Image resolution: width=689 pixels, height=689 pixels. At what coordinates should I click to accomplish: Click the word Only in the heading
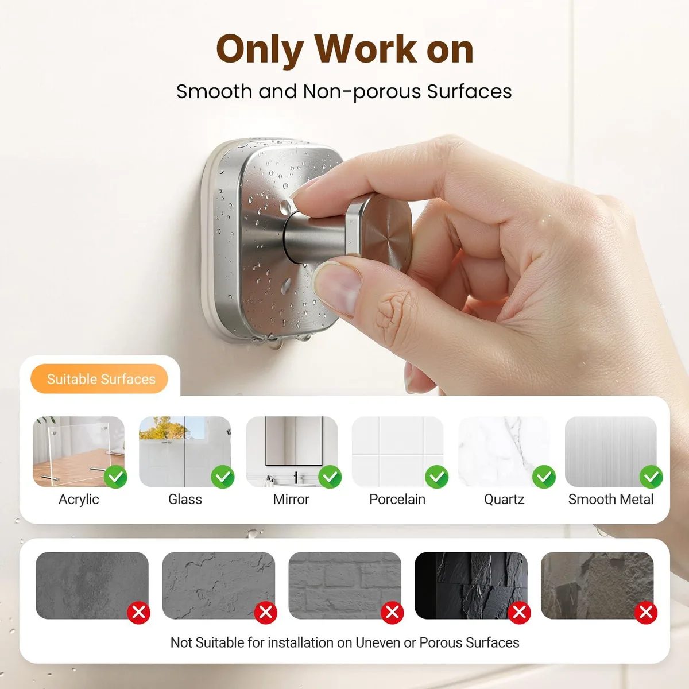[x=260, y=50]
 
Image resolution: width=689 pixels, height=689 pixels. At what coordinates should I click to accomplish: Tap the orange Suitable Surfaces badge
[x=99, y=378]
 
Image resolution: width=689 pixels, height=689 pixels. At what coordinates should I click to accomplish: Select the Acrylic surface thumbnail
[x=79, y=451]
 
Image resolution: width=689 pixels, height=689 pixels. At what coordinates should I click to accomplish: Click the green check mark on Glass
[x=222, y=477]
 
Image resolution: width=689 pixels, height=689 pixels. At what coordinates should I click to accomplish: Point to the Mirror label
[x=291, y=499]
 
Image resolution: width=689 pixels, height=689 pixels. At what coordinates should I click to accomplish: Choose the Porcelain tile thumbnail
[x=397, y=451]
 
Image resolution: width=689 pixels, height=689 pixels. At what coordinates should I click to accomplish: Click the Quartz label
[x=504, y=500]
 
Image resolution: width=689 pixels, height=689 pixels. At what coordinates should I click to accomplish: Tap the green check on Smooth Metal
[x=651, y=477]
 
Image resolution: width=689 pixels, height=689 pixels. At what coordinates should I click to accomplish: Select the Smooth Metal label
[x=611, y=499]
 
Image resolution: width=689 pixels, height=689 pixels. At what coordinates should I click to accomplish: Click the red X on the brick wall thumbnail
[x=392, y=613]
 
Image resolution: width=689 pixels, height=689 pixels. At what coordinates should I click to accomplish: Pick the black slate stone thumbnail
[x=471, y=585]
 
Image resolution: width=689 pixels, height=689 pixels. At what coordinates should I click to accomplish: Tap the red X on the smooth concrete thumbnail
[x=139, y=613]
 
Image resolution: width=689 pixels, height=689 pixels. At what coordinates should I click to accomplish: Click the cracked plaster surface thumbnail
[x=218, y=585]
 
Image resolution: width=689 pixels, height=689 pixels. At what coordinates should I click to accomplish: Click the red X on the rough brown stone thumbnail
[x=646, y=613]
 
